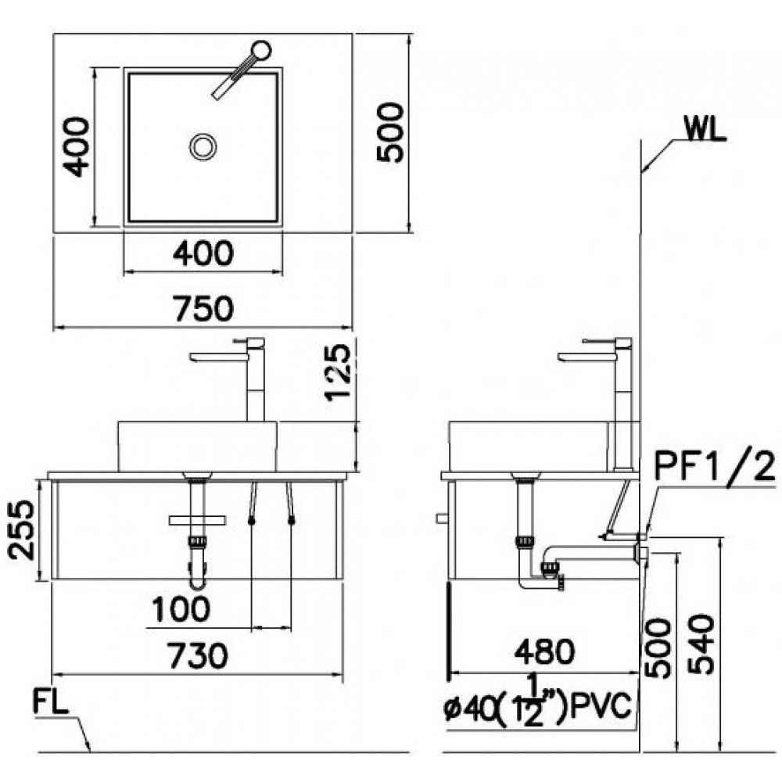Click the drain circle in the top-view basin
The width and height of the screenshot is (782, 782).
point(203,146)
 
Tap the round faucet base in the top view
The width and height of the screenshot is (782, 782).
point(261,51)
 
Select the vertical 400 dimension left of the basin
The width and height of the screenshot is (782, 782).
point(75,146)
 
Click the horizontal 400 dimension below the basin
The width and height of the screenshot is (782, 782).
point(203,253)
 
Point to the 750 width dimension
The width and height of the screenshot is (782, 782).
point(203,309)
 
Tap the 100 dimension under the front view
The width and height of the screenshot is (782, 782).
point(181,609)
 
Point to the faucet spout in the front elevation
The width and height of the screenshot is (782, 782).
point(219,357)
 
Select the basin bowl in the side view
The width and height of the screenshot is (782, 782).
point(528,446)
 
